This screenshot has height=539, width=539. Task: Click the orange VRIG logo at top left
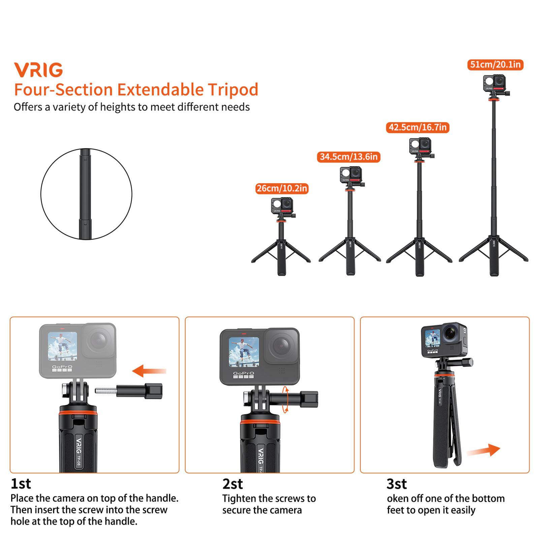coord(38,70)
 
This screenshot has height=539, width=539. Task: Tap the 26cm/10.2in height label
coord(282,188)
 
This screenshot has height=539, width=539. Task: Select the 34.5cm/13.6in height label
coord(349,157)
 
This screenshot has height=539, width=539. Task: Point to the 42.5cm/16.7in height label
coord(418,127)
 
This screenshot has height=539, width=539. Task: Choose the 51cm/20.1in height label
coord(495,64)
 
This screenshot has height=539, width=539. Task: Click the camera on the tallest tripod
coord(495,83)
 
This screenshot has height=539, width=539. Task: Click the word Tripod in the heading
coord(233,90)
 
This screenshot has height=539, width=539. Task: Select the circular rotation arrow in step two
coord(286,400)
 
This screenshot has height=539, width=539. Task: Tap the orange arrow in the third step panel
coord(484,451)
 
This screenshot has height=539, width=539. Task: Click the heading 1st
coord(21,484)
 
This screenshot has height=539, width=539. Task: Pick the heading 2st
coord(232,484)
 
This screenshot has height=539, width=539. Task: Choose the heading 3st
coord(397,484)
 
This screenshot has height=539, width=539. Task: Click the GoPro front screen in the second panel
coord(244,352)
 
